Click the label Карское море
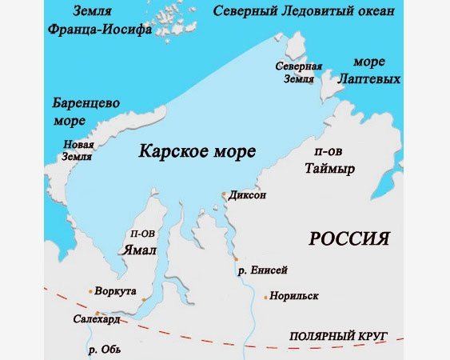pyautogui.click(x=197, y=151)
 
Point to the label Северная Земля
pyautogui.click(x=298, y=72)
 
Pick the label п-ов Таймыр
pyautogui.click(x=330, y=160)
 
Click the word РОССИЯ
pyautogui.click(x=349, y=238)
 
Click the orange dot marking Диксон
pyautogui.click(x=224, y=194)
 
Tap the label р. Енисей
pyautogui.click(x=263, y=270)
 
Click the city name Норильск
pyautogui.click(x=294, y=296)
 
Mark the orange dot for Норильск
pyautogui.click(x=266, y=297)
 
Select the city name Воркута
pyautogui.click(x=116, y=290)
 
